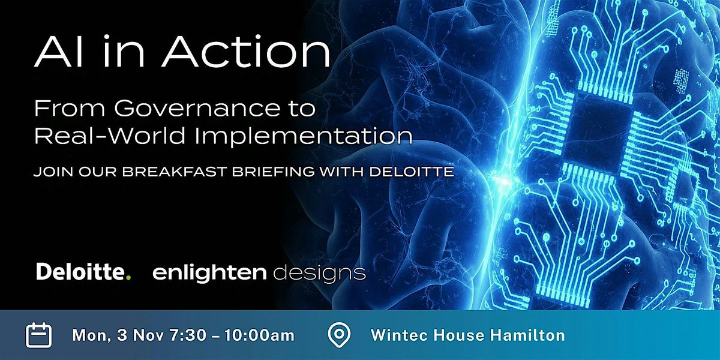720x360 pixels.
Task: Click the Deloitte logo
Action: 81,272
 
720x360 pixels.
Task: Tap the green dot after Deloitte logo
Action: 128,278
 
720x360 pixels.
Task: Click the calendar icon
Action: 39,335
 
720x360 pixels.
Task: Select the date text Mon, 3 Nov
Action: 112,335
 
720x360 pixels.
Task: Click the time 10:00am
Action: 259,335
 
